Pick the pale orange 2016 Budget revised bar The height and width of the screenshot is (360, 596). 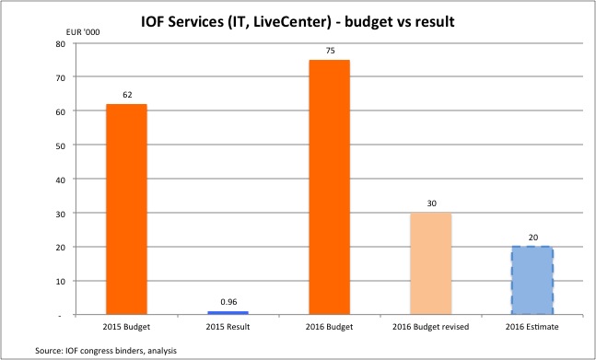[431, 263]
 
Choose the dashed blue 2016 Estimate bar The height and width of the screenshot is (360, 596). [532, 281]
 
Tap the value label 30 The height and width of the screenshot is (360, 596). [431, 203]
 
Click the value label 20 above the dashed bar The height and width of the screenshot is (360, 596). [532, 237]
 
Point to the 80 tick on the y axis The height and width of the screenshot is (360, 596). [59, 43]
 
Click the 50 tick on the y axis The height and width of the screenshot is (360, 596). [59, 145]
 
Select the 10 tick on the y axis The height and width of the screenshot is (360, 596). [59, 281]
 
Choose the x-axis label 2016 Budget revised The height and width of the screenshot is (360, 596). [431, 328]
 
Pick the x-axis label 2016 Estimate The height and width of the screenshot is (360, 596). [532, 328]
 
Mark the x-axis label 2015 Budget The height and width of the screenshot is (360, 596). [126, 328]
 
